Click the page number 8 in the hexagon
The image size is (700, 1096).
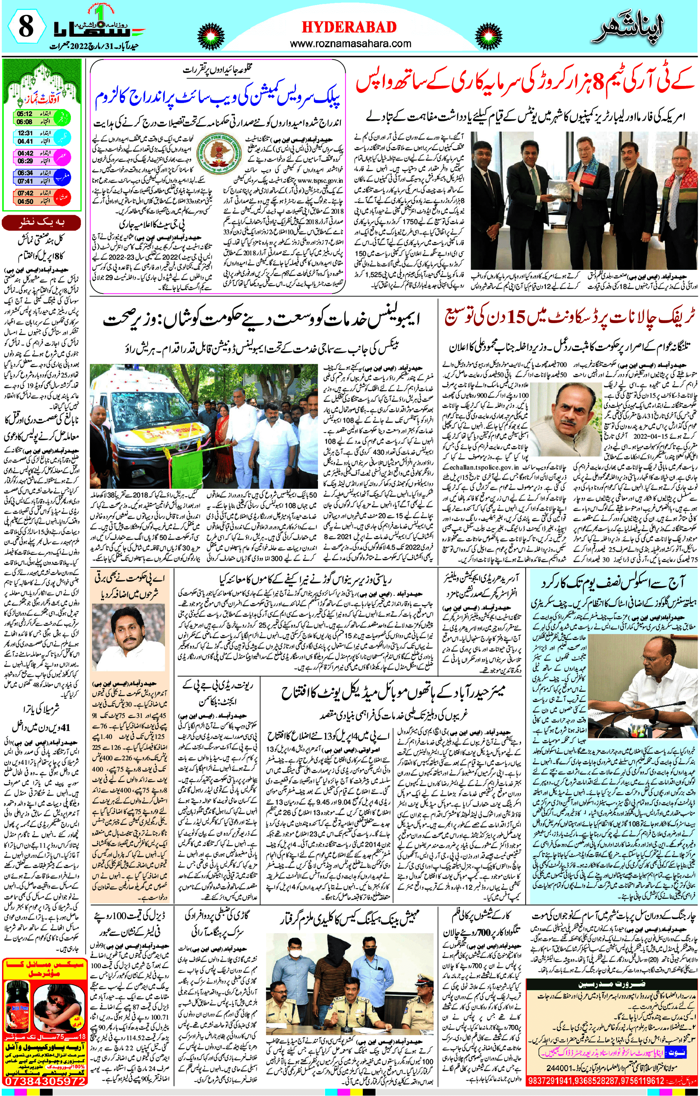click(25, 27)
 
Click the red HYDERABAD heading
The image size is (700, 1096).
click(349, 27)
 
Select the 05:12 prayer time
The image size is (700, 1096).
click(25, 114)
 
